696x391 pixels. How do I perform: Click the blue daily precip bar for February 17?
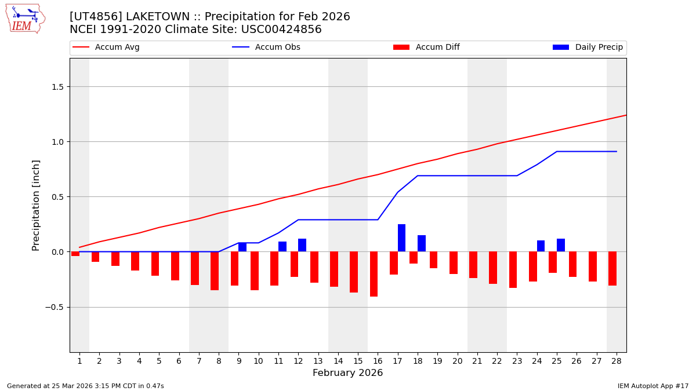point(401,238)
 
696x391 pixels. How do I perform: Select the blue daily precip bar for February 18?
point(422,243)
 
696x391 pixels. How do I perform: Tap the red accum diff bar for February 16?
point(374,274)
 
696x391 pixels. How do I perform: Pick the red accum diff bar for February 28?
point(612,268)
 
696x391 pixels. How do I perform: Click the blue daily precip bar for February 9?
point(242,247)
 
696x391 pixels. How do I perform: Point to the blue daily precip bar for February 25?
point(561,245)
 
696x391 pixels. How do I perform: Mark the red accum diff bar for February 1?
point(75,254)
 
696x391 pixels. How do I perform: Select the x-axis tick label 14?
point(338,361)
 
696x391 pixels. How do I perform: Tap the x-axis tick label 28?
point(617,361)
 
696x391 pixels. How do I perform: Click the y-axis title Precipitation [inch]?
point(36,205)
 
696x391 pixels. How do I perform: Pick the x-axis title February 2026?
point(348,373)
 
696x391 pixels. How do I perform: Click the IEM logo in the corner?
point(25,19)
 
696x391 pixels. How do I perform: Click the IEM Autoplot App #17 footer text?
point(653,386)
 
